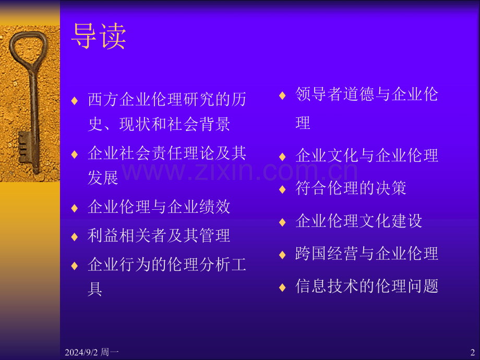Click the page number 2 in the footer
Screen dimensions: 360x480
(x=472, y=352)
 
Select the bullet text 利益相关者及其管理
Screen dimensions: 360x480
(x=159, y=235)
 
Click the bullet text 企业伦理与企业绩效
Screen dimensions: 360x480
(x=159, y=207)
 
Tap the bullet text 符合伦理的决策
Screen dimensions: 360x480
(x=351, y=188)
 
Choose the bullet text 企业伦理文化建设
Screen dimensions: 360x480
(x=359, y=221)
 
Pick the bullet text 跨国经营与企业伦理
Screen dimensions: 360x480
(x=367, y=254)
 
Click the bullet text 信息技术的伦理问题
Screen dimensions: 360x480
(x=367, y=286)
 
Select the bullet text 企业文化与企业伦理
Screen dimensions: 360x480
(x=367, y=155)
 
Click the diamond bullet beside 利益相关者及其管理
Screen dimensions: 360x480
(x=75, y=236)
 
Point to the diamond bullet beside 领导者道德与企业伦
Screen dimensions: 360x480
(x=282, y=95)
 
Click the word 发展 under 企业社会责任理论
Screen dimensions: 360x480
(x=103, y=178)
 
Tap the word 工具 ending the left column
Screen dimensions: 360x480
(x=95, y=289)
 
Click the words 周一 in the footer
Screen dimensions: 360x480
(x=112, y=353)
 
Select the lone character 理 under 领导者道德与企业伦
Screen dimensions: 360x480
(x=303, y=123)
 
